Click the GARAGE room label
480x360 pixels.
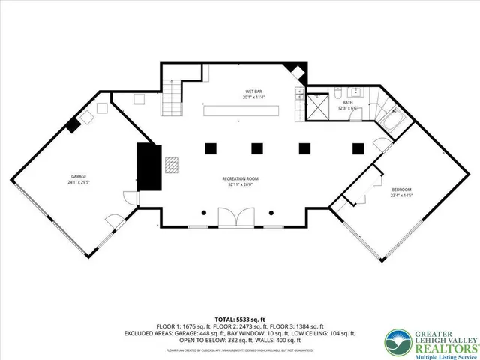point(73,177)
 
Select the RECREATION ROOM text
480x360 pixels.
point(240,178)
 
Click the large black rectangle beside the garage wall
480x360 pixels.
point(145,167)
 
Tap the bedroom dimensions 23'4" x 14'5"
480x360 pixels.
point(401,196)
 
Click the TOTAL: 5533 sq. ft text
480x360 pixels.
point(240,319)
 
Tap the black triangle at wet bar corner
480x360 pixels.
point(299,72)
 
